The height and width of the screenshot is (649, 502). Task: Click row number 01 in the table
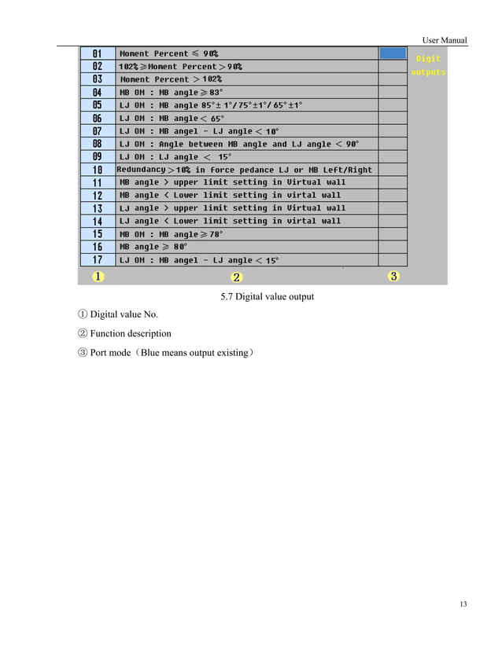[x=97, y=53]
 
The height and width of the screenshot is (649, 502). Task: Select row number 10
[x=97, y=170]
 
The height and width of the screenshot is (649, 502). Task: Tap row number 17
[x=97, y=260]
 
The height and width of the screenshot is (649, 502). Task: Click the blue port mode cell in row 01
[x=393, y=53]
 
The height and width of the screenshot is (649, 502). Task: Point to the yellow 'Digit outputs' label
[x=428, y=65]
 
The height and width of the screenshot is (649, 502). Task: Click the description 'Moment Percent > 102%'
[x=171, y=79]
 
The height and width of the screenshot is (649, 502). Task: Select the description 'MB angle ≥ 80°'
[x=153, y=247]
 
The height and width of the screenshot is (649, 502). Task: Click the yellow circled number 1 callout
[x=98, y=277]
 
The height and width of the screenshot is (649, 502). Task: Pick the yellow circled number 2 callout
[x=236, y=277]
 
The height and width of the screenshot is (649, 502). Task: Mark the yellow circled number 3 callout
[x=393, y=276]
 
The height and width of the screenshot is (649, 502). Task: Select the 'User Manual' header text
[x=445, y=40]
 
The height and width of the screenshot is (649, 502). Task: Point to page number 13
[x=462, y=603]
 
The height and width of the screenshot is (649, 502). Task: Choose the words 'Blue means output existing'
[x=197, y=353]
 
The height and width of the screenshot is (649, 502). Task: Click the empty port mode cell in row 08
[x=393, y=144]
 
